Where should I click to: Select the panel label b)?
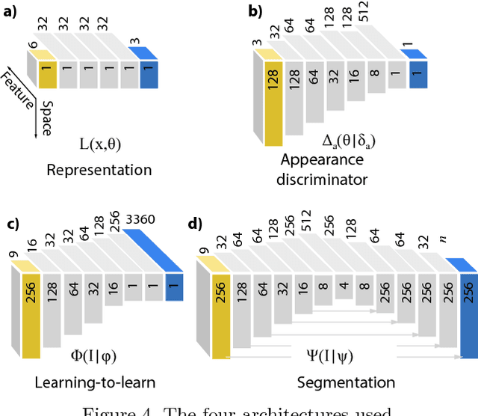coord(255,12)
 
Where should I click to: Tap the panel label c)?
coord(12,224)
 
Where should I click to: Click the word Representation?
coord(99,170)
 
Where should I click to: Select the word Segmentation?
coord(346,382)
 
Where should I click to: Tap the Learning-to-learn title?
coord(95,382)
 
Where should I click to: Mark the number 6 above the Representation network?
coord(32,45)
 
